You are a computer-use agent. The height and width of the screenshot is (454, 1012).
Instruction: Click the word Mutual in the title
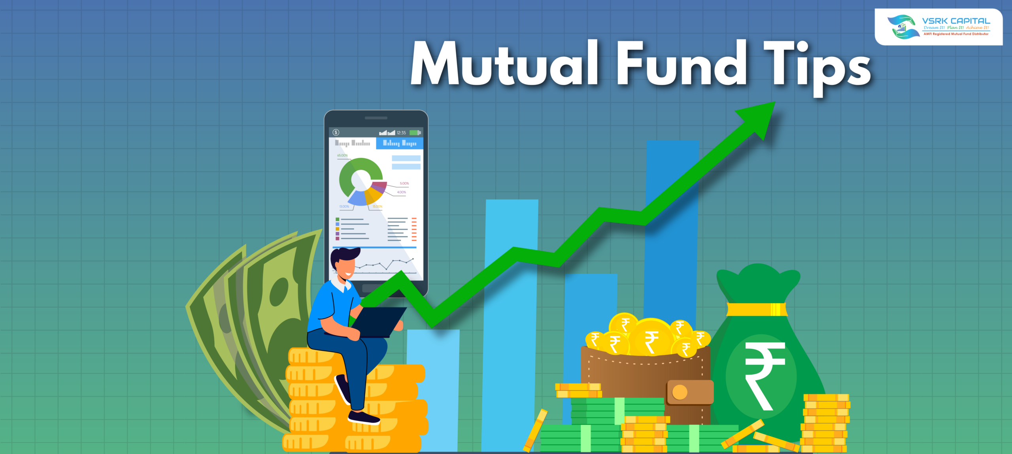coord(504,63)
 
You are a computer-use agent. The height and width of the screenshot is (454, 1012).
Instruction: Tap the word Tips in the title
coord(816,65)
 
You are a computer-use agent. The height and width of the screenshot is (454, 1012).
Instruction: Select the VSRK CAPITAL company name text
coord(956,21)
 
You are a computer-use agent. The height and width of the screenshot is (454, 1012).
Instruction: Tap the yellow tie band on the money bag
coord(757,309)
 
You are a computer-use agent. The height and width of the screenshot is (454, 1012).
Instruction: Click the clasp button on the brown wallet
coord(680,392)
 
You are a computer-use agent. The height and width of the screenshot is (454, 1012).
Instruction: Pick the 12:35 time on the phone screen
coord(401,133)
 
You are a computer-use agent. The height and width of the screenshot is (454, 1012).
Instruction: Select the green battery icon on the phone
coord(415,133)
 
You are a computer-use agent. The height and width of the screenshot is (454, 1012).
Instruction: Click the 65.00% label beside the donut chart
coord(342,156)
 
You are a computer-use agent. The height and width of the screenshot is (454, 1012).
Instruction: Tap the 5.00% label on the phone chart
coord(404,184)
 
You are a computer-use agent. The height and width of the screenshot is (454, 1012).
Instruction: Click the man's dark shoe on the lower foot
coord(363,418)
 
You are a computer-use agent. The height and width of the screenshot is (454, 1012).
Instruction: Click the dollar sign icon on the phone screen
coord(336,133)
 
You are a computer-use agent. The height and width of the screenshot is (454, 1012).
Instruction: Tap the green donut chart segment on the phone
coord(348,174)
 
